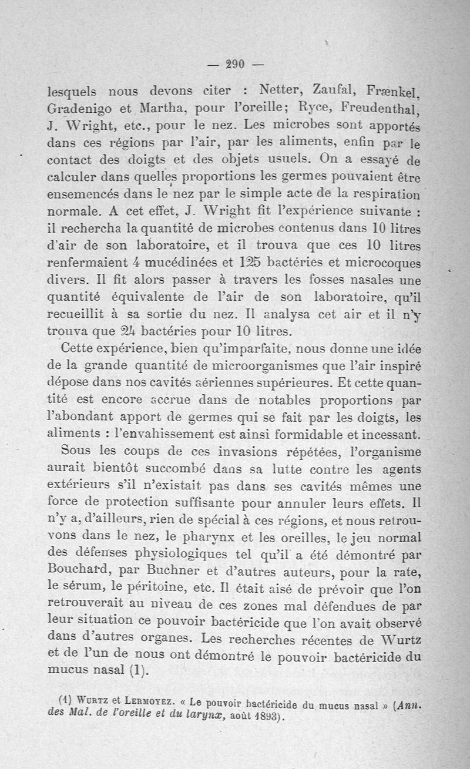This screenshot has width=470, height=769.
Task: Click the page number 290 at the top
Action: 235,65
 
